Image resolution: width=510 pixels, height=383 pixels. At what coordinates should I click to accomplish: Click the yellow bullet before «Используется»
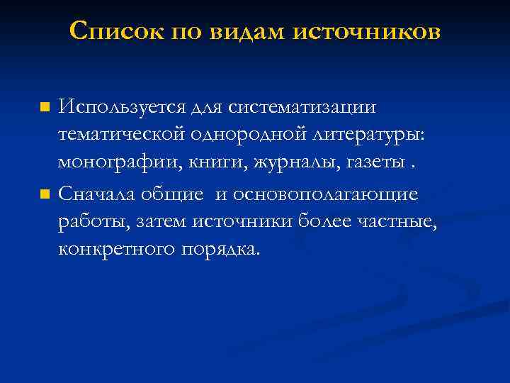[45, 109]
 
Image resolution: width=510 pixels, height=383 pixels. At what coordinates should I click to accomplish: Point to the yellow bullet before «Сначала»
[45, 194]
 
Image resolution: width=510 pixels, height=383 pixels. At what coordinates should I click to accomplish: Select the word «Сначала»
[101, 193]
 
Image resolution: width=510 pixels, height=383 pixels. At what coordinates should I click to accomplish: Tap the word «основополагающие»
[328, 193]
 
